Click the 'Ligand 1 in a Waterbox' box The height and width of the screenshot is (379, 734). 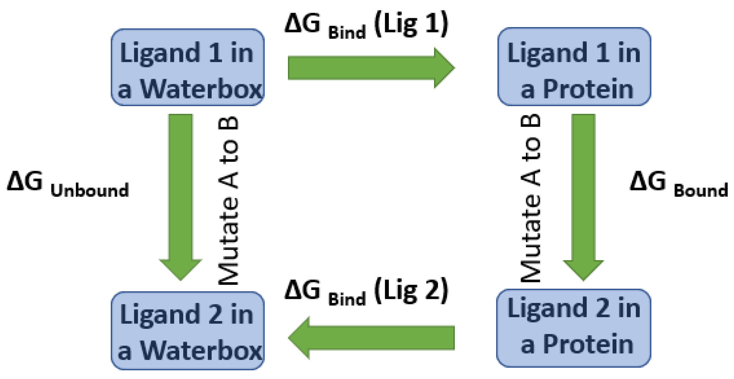click(187, 67)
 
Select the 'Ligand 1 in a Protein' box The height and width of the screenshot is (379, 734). click(574, 67)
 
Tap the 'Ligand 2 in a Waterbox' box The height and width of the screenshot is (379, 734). click(187, 331)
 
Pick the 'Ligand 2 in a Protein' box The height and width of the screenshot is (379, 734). click(573, 328)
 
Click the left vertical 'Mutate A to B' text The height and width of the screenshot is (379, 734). click(229, 200)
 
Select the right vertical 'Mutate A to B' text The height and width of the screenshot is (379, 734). click(531, 198)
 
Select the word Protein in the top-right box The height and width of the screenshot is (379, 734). click(588, 89)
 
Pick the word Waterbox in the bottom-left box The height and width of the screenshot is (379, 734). click(202, 351)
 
